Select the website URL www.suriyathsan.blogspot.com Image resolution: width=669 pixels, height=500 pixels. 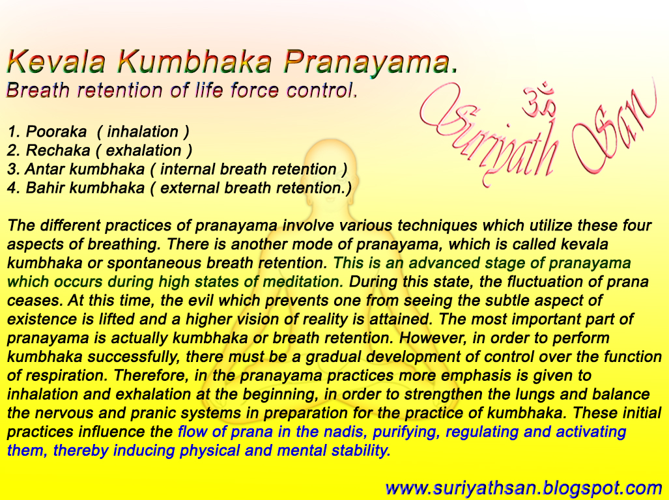(524, 487)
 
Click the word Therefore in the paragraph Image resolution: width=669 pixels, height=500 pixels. (122, 376)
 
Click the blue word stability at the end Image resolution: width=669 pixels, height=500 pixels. (361, 451)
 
